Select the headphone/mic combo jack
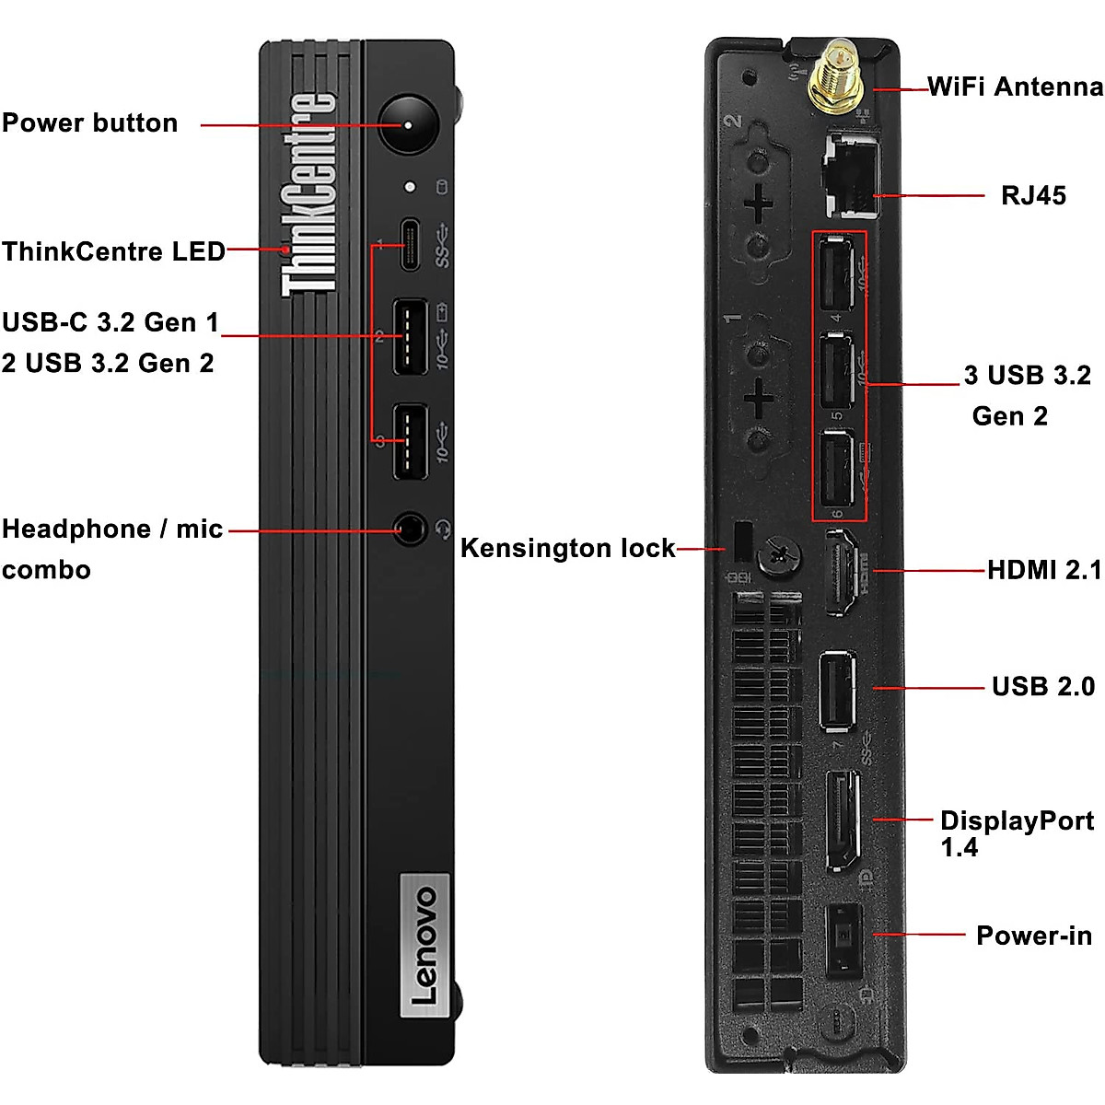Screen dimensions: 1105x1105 (410, 529)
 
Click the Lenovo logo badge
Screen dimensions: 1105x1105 (425, 945)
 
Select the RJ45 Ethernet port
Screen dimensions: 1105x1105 (850, 175)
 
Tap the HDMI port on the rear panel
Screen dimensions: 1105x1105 (840, 572)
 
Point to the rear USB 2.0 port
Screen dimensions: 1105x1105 (837, 689)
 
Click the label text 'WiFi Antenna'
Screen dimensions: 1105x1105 (1015, 87)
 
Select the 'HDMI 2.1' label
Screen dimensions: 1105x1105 (1044, 570)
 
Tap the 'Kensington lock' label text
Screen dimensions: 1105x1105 (567, 548)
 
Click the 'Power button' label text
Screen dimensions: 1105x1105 (89, 122)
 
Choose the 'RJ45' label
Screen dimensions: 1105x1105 (1033, 195)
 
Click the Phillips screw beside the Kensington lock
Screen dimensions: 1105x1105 (778, 555)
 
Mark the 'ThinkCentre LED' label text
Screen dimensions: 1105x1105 (113, 251)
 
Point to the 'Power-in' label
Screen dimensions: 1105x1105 (1033, 936)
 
